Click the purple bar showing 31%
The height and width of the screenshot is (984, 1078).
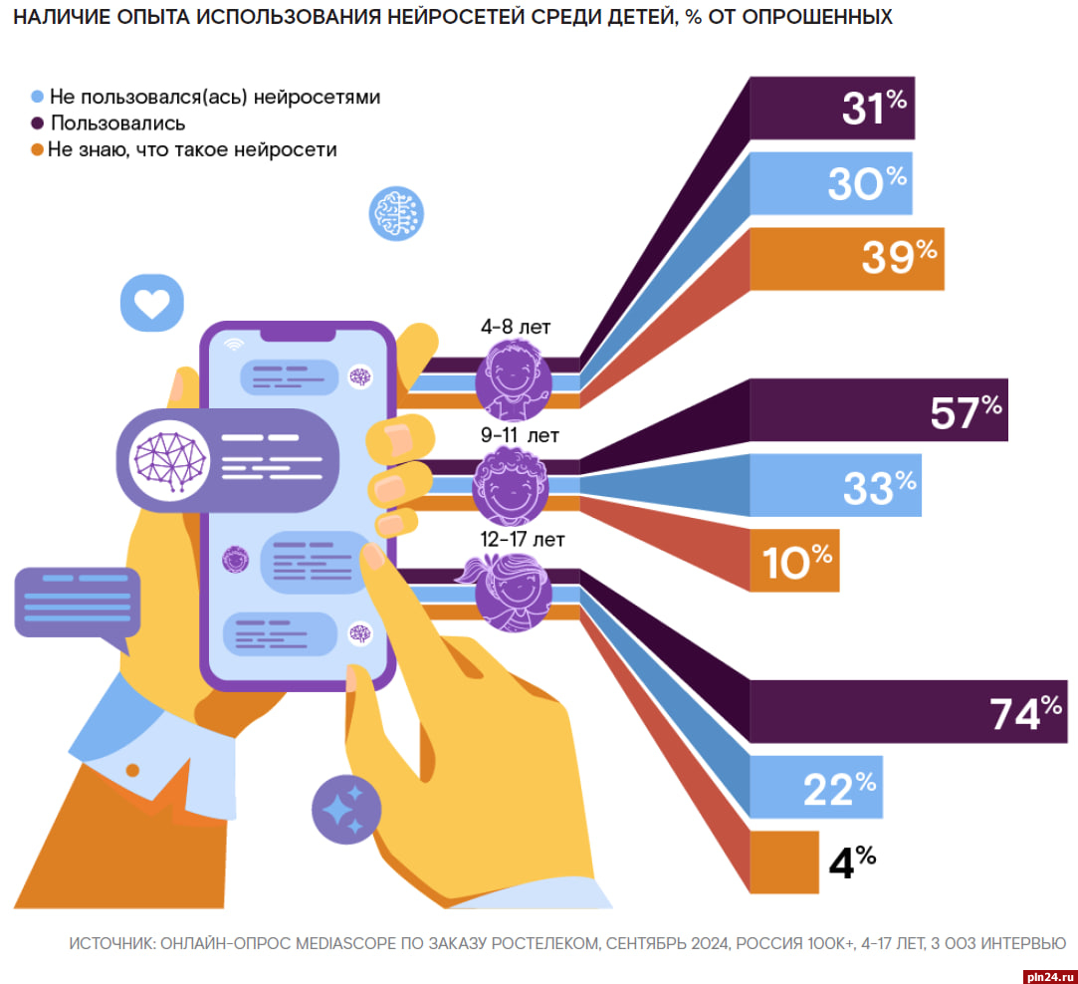(831, 108)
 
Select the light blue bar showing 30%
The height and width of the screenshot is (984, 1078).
(830, 183)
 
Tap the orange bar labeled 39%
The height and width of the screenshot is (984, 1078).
(846, 259)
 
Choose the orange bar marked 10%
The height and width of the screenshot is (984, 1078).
(794, 561)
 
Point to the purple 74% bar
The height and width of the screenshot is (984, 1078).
(907, 711)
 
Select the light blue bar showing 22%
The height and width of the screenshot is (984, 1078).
(815, 787)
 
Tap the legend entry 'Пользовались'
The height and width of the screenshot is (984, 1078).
(117, 123)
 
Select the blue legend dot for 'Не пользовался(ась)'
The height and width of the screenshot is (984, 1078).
(38, 98)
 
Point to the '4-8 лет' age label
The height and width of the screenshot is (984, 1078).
(515, 328)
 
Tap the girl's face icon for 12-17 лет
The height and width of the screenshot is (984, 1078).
(512, 593)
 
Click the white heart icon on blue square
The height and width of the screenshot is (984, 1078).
(152, 303)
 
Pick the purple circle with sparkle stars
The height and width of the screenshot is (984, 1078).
(345, 810)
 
